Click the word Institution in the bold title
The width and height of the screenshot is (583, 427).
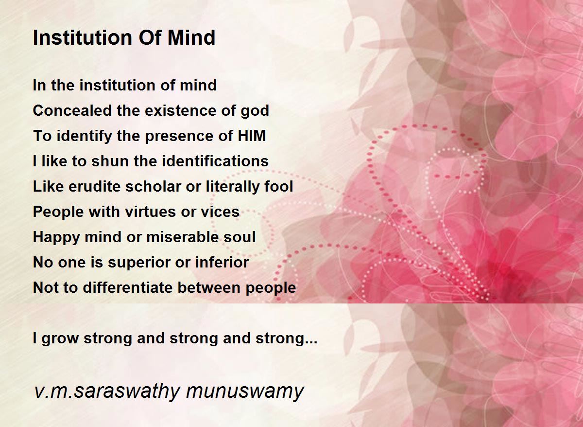point(83,38)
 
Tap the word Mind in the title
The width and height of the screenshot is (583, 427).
point(191,38)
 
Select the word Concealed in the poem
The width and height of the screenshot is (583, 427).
point(72,110)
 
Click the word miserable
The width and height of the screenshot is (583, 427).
point(183,237)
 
